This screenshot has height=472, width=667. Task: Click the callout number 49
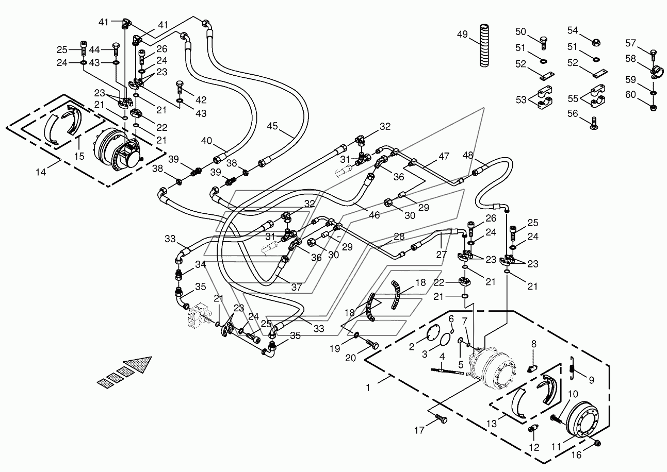462,35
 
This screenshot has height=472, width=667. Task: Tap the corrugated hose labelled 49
484,45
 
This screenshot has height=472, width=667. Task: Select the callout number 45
272,126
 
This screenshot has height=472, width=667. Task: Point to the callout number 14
41,172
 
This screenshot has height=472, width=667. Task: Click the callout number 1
368,387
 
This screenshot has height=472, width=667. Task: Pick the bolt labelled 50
544,43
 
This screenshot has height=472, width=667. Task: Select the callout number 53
521,99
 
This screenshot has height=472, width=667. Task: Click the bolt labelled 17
441,418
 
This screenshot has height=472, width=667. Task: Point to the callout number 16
577,455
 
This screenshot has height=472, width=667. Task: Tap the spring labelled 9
572,367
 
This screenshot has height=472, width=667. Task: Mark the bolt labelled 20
372,344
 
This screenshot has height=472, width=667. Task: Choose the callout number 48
468,155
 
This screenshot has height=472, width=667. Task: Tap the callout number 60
630,95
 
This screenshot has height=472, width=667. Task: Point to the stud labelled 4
447,372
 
